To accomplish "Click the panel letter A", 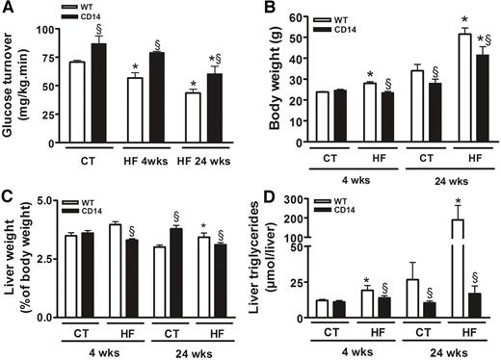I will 9,8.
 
